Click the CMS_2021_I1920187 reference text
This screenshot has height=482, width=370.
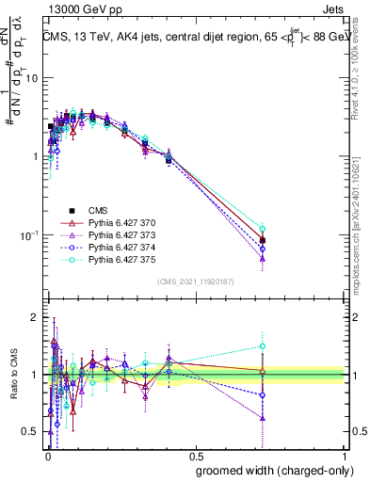click(196, 281)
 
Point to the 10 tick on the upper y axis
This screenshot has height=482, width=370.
click(34, 78)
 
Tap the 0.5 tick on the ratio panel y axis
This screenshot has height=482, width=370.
click(33, 432)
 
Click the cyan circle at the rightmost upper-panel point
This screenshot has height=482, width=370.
click(263, 229)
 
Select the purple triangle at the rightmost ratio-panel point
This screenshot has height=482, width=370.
click(263, 417)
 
